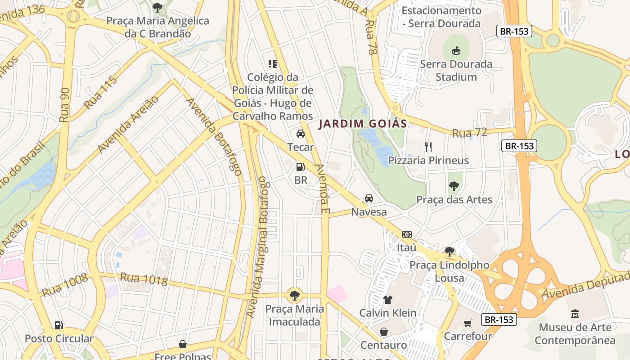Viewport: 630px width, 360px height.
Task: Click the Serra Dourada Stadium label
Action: point(456,71)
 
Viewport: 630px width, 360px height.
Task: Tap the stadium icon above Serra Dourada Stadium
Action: point(456,50)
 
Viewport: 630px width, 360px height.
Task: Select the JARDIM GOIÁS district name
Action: point(363,124)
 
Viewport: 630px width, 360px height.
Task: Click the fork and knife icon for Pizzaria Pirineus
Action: point(428,147)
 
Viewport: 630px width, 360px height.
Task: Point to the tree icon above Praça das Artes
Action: point(454,186)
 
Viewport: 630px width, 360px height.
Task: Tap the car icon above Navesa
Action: point(369,198)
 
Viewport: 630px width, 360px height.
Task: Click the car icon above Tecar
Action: point(301,134)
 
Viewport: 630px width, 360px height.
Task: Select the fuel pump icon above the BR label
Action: point(301,167)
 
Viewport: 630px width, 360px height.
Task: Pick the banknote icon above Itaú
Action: point(407,234)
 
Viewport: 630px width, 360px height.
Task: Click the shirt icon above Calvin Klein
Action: point(388,299)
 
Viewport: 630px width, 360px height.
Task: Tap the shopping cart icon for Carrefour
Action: point(468,323)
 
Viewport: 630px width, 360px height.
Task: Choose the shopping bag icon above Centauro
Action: point(384,332)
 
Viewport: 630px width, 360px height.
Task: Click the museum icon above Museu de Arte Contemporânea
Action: point(575,314)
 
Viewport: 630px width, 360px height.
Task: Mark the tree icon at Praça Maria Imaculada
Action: point(295,296)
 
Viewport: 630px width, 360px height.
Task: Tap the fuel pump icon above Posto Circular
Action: point(59,325)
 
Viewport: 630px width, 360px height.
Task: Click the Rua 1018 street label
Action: point(144,279)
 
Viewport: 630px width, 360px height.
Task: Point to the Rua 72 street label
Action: point(469,133)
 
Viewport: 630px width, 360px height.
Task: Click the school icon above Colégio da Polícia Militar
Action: point(273,64)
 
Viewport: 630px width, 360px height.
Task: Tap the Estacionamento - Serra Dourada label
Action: point(441,17)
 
